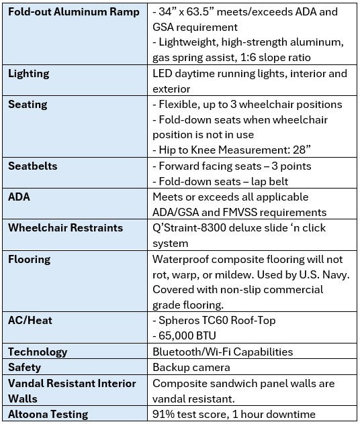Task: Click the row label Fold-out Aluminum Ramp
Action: point(74,12)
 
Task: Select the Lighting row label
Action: point(29,74)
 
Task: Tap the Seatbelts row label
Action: point(32,166)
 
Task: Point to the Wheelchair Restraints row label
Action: point(66,227)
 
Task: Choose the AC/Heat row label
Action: point(30,321)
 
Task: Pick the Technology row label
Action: point(38,352)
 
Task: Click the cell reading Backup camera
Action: point(191,367)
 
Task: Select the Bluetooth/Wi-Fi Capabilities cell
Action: point(223,352)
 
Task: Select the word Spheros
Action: point(180,321)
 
